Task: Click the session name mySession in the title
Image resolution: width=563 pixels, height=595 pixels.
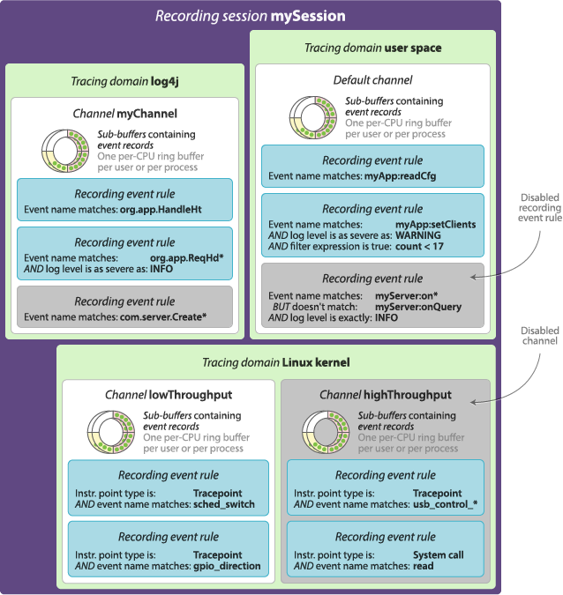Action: [312, 16]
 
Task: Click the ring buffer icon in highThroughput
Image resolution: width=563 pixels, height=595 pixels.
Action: [324, 430]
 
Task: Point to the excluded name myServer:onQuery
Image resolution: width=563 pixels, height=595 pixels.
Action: [418, 307]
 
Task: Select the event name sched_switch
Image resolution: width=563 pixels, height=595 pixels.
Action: [224, 504]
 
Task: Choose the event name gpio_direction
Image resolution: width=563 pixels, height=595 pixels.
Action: [228, 567]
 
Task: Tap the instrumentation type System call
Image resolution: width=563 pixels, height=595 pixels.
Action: [438, 555]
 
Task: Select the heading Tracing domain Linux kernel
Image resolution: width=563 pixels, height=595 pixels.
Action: [275, 362]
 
